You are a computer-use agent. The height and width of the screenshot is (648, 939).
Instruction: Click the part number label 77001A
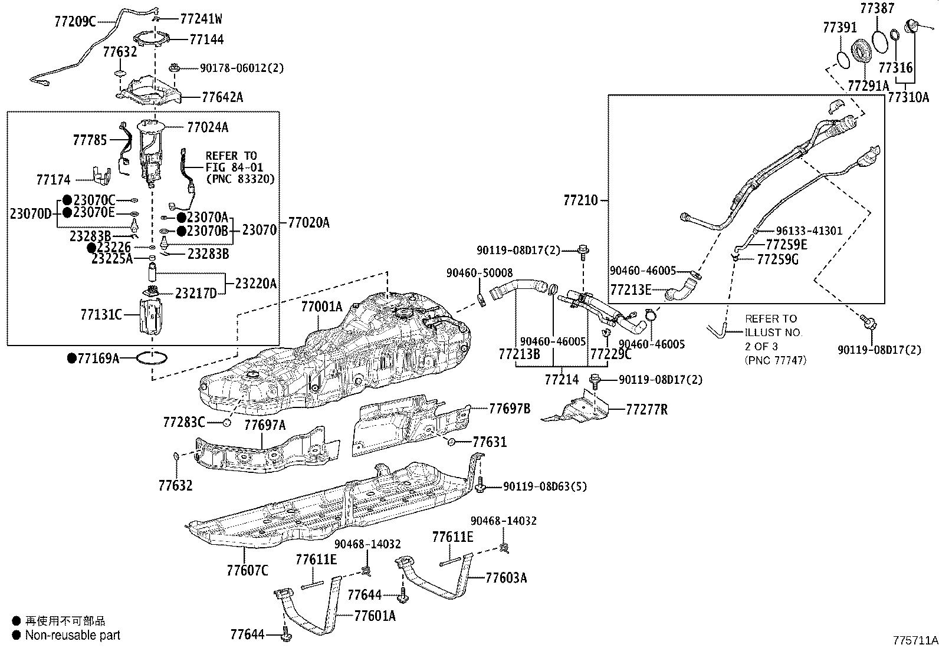[321, 307]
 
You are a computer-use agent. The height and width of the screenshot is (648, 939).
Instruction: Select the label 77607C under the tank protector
[247, 570]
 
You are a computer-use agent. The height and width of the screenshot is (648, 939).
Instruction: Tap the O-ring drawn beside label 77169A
[152, 357]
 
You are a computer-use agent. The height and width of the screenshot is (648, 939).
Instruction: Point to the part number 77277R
[646, 409]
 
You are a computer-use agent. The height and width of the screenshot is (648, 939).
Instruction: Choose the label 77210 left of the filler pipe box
[580, 200]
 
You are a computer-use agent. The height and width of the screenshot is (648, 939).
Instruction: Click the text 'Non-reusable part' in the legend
[73, 635]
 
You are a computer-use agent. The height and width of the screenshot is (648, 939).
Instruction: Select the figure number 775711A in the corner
[914, 640]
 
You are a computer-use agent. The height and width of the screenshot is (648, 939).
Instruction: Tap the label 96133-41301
[809, 231]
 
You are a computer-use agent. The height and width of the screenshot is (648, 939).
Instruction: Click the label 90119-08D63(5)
[544, 486]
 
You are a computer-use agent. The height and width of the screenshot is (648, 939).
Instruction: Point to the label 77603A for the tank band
[506, 577]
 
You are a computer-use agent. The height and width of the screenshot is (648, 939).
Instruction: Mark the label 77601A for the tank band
[375, 616]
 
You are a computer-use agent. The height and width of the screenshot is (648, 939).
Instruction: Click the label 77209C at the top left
[74, 22]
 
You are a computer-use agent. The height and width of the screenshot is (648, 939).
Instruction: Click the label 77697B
[510, 408]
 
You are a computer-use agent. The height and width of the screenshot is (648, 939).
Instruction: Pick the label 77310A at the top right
[908, 97]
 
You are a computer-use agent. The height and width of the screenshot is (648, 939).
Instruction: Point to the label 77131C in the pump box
[101, 315]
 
